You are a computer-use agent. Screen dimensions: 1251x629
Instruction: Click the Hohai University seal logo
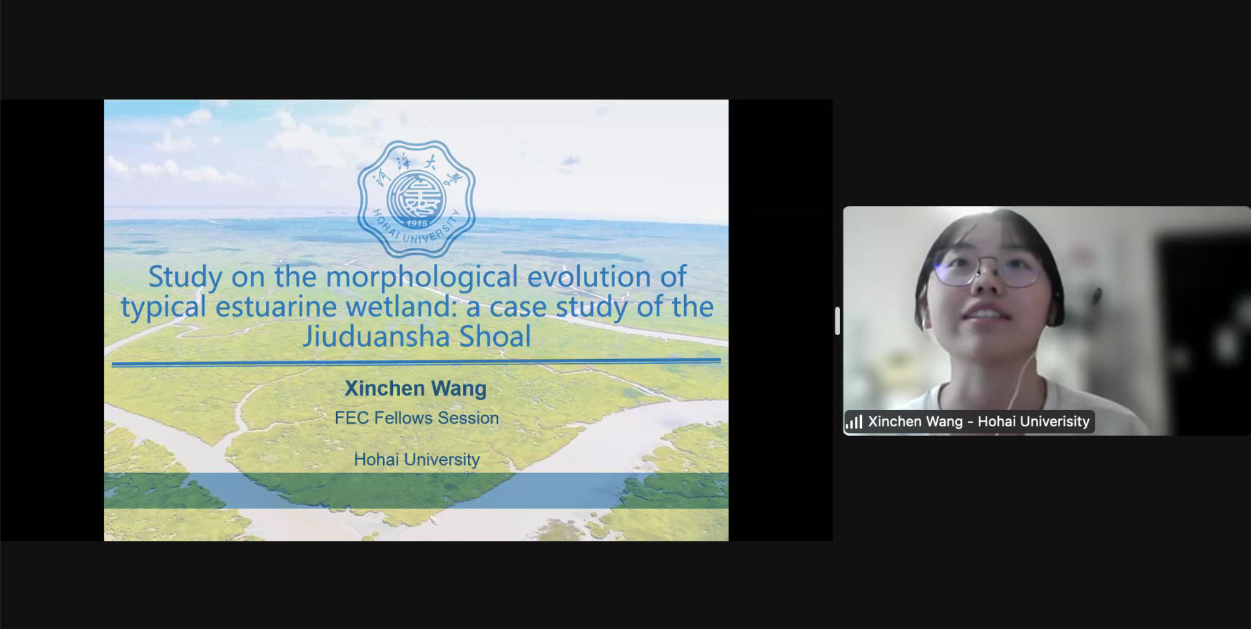pyautogui.click(x=416, y=199)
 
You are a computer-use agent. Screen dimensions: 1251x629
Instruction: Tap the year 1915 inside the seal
pyautogui.click(x=417, y=224)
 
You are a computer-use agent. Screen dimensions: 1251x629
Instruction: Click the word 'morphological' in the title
pyautogui.click(x=422, y=277)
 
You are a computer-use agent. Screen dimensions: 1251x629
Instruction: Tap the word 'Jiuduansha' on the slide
pyautogui.click(x=377, y=336)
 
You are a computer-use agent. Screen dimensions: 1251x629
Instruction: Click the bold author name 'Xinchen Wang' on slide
pyautogui.click(x=416, y=388)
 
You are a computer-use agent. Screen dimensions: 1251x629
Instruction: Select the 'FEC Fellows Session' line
pyautogui.click(x=417, y=418)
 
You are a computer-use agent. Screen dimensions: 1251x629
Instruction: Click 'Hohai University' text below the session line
pyautogui.click(x=417, y=460)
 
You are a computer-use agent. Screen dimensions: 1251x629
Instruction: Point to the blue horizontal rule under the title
pyautogui.click(x=416, y=362)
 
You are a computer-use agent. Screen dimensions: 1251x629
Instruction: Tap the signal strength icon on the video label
pyautogui.click(x=854, y=422)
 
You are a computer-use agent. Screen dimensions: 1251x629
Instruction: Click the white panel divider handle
pyautogui.click(x=837, y=321)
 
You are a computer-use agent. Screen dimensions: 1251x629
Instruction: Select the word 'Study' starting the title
pyautogui.click(x=186, y=277)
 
